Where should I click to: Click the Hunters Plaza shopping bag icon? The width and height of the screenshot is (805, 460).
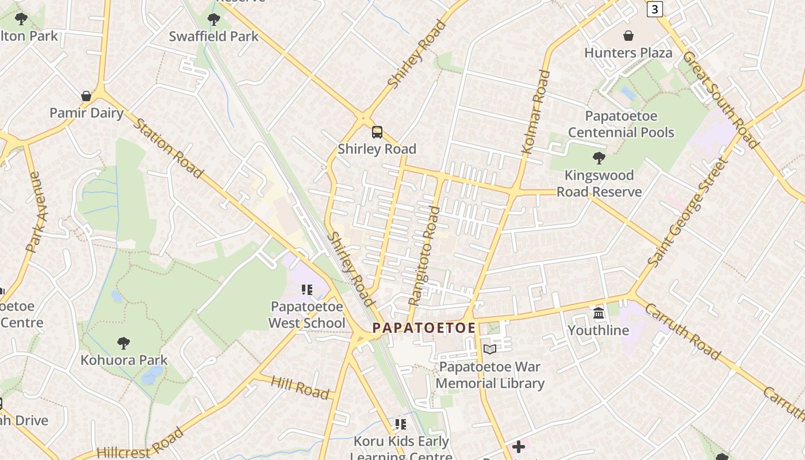628,36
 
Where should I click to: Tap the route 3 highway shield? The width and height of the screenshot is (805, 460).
655,9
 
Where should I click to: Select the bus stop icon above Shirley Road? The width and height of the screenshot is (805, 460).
377,132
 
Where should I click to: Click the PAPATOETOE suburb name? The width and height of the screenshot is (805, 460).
424,328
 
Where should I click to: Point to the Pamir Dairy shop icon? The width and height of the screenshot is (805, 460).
86,96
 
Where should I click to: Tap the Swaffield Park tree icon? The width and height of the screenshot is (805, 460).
213,20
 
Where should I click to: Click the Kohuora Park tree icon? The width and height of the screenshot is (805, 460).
123,343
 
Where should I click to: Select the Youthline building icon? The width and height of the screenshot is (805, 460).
599,313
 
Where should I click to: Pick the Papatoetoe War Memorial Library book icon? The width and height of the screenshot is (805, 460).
490,349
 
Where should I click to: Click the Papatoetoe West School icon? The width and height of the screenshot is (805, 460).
306,290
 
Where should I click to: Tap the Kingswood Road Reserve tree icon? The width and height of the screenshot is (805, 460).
599,158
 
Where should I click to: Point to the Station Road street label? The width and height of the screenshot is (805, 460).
168,148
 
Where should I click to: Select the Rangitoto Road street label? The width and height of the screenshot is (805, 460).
424,256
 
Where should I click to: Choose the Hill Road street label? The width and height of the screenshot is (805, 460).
300,388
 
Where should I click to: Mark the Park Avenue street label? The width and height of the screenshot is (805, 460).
37,216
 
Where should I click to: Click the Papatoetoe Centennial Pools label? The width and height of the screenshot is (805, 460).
621,124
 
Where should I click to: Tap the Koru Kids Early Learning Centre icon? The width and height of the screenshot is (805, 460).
400,424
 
